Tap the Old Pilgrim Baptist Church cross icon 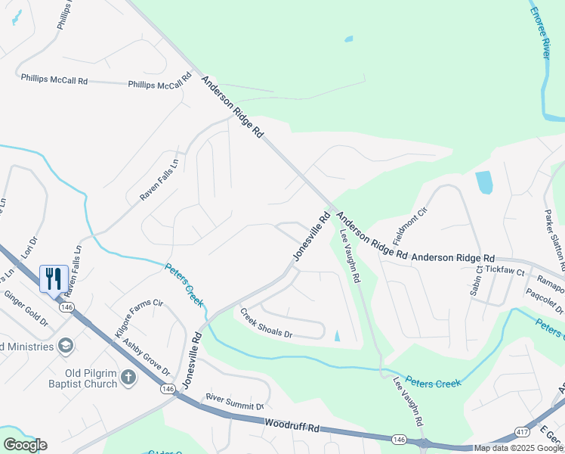tap(128, 377)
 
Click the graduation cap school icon tap(66, 346)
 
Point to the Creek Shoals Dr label tap(271, 323)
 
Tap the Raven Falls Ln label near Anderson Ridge tap(159, 179)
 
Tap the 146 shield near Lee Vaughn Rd tap(398, 440)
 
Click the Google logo tap(25, 445)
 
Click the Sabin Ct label tap(477, 281)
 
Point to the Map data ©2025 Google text tap(519, 448)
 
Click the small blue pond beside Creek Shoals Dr tap(337, 335)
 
